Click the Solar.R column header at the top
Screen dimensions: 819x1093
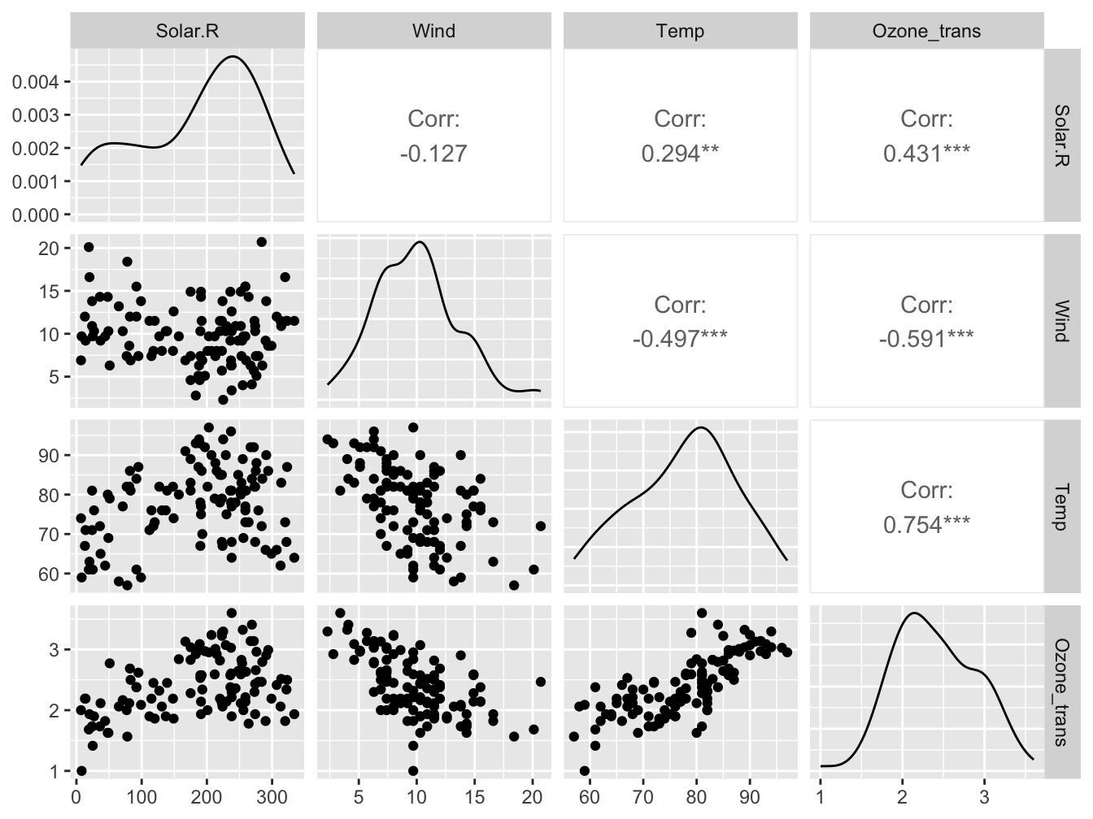click(187, 32)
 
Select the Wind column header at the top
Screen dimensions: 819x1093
click(433, 32)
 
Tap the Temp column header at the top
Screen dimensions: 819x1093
click(680, 32)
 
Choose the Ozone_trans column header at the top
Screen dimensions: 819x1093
click(926, 32)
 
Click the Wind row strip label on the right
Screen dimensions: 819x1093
click(1061, 321)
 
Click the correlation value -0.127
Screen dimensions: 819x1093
click(433, 154)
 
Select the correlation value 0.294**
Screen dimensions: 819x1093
click(680, 154)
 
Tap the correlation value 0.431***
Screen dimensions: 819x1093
click(926, 154)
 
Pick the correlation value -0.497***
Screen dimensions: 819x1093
click(680, 339)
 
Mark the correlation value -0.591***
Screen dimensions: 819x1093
click(926, 339)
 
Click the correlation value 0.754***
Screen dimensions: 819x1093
click(926, 524)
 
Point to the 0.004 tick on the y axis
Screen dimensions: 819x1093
click(37, 82)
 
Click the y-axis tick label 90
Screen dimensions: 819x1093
click(49, 456)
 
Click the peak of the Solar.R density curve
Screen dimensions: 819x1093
click(233, 57)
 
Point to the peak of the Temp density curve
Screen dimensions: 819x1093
click(699, 427)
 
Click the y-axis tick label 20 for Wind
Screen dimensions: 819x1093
click(49, 249)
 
